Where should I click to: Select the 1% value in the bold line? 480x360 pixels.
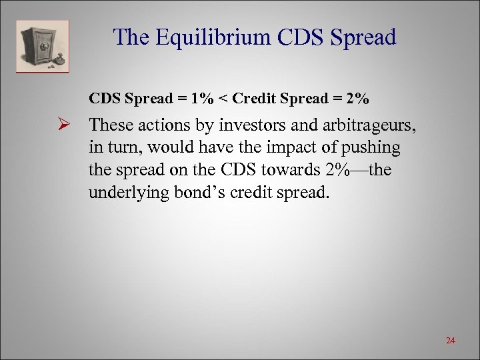click(202, 99)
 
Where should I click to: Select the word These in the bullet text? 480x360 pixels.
click(109, 125)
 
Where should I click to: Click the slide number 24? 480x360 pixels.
click(450, 341)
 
